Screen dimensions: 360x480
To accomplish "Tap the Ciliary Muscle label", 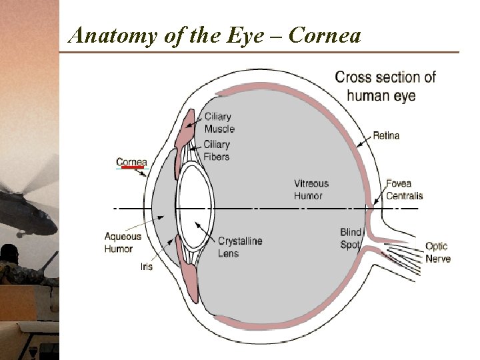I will point(219,123).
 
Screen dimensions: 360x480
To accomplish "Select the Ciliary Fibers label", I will point(217,151).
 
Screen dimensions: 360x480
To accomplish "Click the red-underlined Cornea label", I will point(131,162).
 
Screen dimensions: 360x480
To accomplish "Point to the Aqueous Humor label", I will point(123,243).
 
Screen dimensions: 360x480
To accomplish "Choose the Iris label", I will point(146,267).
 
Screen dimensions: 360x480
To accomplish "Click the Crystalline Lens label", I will point(240,247).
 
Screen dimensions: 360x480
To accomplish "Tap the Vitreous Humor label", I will point(311,190).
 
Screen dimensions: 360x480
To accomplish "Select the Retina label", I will point(386,136).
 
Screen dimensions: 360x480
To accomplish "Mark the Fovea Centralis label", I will point(404,189).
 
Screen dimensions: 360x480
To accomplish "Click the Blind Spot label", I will point(350,239).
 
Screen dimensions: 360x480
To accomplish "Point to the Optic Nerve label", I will point(438,253).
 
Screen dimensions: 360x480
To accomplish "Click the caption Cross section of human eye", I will point(385,86).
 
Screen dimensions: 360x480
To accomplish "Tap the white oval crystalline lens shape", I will point(195,198).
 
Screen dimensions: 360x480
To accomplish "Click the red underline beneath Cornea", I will point(132,168).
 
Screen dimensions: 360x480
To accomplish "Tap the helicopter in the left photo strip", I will point(27,207).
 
